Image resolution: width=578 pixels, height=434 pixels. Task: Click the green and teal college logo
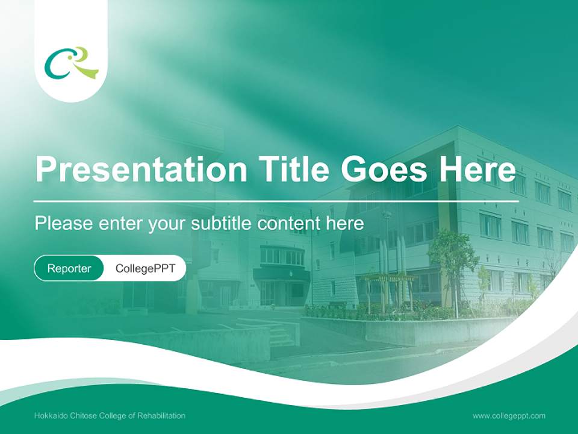point(72,63)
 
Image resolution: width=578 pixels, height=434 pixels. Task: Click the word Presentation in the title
point(141,169)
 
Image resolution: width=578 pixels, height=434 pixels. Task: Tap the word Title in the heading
point(293,168)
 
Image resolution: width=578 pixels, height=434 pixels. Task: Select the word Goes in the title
point(384,169)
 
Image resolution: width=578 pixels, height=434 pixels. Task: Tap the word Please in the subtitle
point(64,223)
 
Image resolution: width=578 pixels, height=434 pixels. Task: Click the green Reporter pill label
point(69,268)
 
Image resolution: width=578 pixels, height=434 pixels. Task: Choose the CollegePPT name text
point(145,268)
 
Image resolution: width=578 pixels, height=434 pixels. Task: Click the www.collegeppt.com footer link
point(509,416)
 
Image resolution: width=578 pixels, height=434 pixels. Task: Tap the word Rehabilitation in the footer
point(161,416)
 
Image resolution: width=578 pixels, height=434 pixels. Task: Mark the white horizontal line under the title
point(276,201)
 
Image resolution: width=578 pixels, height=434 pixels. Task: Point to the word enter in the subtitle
point(120,224)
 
